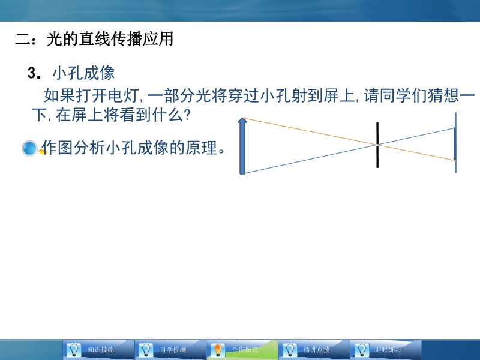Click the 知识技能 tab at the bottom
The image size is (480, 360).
[98, 350]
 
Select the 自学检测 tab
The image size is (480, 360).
[170, 350]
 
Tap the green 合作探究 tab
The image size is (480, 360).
[242, 350]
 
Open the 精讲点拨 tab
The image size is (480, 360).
[314, 350]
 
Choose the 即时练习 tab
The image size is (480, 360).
[386, 350]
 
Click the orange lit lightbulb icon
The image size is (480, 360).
[218, 350]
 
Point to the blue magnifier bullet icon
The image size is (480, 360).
[30, 148]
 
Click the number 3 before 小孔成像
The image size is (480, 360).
[32, 73]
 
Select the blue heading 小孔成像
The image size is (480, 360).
[83, 73]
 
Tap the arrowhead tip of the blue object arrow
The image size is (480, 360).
[242, 118]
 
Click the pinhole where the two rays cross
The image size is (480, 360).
[377, 144]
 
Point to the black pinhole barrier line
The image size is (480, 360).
[377, 145]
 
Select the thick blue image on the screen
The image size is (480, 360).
[455, 144]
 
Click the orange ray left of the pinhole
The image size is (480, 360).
[310, 131]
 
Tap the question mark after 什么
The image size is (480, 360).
[187, 115]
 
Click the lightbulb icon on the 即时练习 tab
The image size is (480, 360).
[362, 350]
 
